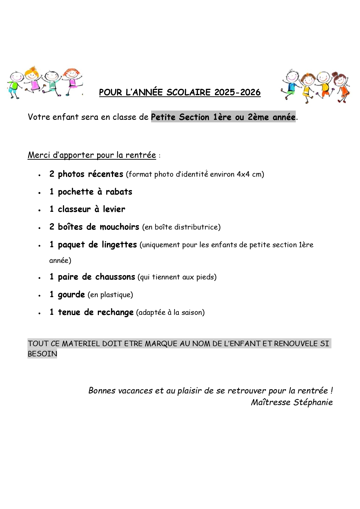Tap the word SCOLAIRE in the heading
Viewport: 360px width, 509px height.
(x=189, y=92)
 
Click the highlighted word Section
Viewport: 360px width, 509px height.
(x=194, y=117)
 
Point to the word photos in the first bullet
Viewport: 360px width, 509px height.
(x=71, y=174)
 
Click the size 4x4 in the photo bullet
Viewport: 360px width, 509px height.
(x=243, y=174)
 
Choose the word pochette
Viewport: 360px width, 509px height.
(x=76, y=192)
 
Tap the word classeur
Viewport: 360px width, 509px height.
(x=74, y=209)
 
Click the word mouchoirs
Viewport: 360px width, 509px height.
(x=119, y=227)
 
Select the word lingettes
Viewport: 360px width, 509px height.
(x=119, y=245)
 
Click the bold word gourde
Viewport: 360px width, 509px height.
(x=71, y=295)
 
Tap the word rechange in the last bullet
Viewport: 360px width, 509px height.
(x=115, y=312)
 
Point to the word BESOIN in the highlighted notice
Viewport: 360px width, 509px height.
(x=42, y=354)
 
